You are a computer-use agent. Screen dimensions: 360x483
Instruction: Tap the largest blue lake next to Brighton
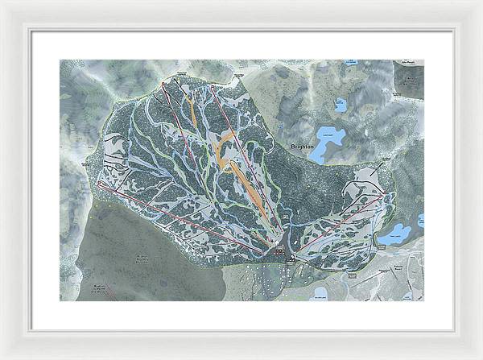330,143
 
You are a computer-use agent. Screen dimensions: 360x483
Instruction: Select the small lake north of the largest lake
341,105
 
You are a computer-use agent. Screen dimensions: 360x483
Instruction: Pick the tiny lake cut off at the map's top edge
350,62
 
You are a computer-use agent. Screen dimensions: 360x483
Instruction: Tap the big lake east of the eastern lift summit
395,234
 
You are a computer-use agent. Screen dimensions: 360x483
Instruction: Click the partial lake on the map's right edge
420,220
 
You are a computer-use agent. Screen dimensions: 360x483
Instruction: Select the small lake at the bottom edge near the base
320,292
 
